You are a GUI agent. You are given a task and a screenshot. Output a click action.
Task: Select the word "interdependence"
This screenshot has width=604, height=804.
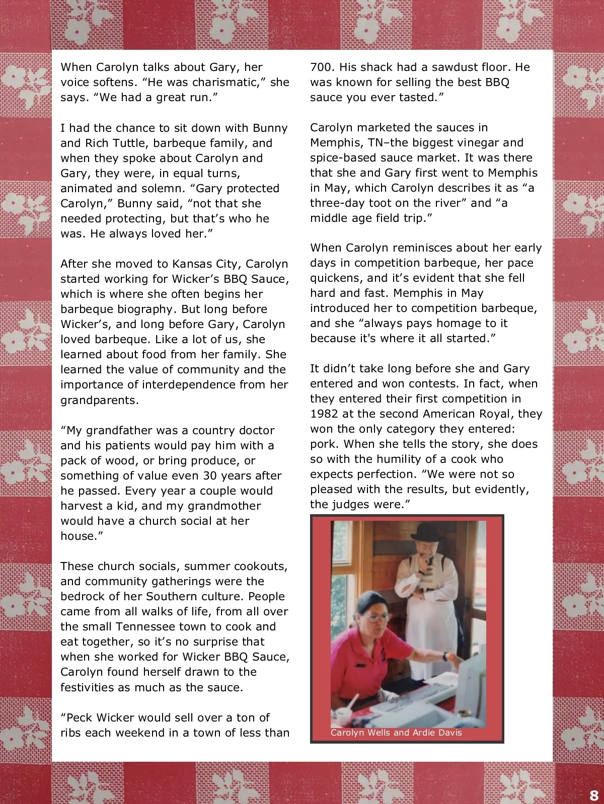coord(193,384)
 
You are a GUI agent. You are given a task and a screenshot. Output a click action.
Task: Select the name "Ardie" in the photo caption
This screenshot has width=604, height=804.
coord(427,733)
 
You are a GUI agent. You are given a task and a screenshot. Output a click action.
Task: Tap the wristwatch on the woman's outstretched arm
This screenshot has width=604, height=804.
coord(445,656)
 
